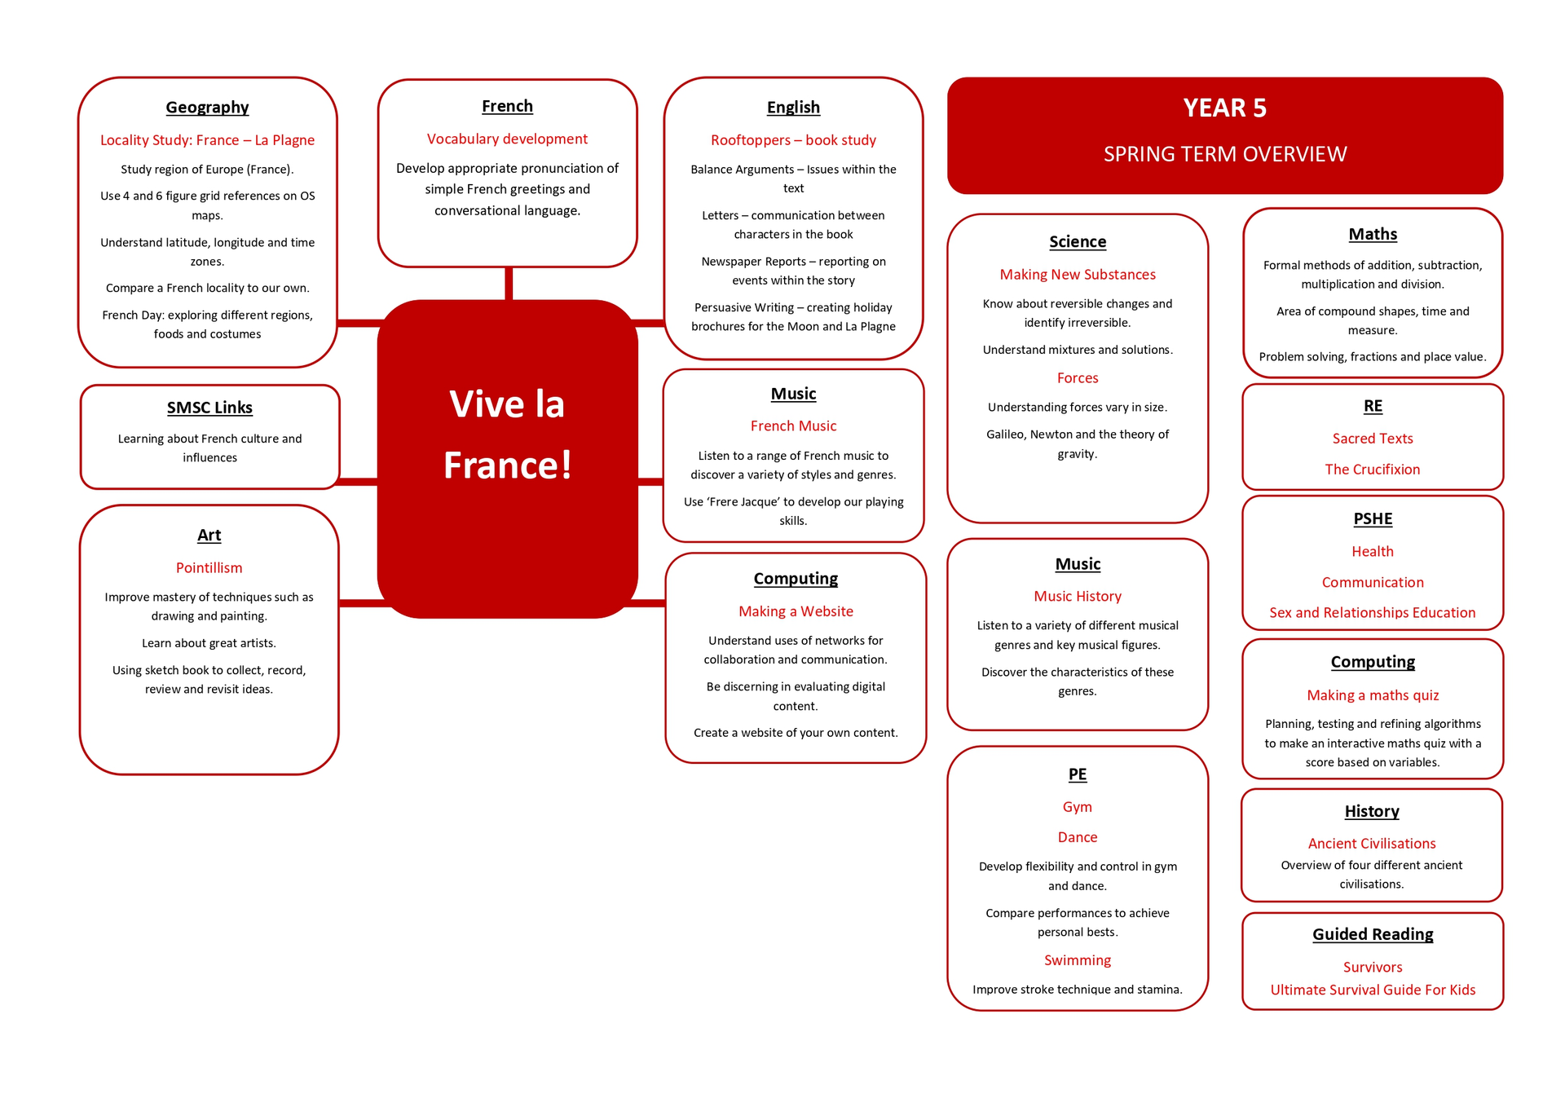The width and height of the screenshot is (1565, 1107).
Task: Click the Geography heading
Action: click(207, 108)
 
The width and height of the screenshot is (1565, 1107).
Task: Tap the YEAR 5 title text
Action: click(1224, 108)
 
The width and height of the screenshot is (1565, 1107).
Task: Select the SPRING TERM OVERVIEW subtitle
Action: click(1224, 154)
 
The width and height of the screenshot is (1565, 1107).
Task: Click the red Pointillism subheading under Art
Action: click(209, 568)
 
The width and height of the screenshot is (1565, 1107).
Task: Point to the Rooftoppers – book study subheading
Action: click(793, 140)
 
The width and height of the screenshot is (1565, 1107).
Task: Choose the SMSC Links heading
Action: click(209, 408)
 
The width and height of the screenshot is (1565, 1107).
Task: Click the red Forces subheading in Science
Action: click(1077, 378)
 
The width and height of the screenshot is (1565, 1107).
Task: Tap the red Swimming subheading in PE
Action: click(1077, 960)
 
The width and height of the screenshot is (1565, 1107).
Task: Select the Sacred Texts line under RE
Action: click(1372, 439)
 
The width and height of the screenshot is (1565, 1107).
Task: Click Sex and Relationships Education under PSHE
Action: click(1372, 613)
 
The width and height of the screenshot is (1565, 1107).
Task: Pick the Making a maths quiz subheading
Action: click(1372, 695)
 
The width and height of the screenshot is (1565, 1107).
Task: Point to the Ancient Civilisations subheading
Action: click(1371, 844)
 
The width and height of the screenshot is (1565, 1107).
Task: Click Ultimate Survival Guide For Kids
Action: click(1372, 990)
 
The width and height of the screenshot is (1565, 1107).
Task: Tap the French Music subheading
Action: click(793, 426)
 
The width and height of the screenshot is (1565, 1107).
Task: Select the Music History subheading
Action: click(1077, 597)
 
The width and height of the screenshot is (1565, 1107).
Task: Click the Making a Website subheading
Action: click(796, 611)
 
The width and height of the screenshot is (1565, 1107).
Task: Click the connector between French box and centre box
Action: click(509, 284)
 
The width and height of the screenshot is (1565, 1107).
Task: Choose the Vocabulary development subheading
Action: click(507, 139)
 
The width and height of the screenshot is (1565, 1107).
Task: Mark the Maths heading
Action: click(1372, 235)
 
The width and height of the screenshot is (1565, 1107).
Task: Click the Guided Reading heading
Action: click(1372, 935)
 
